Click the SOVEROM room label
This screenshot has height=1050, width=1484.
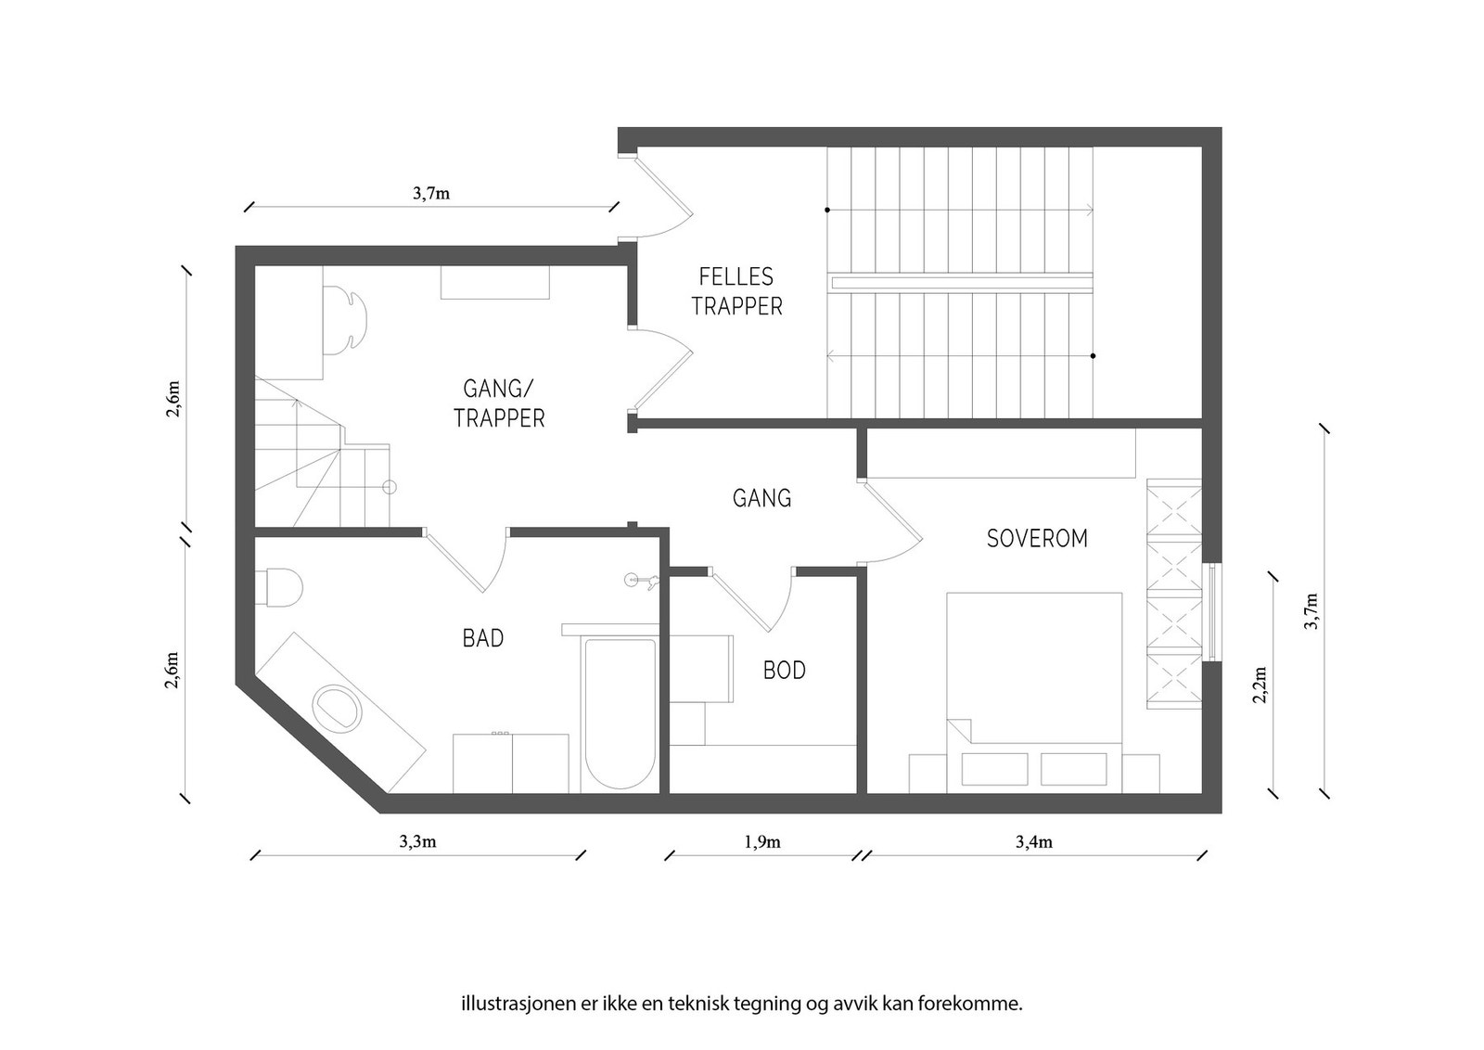[1037, 539]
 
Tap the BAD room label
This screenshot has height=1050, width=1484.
[483, 638]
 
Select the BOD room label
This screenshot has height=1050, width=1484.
[785, 670]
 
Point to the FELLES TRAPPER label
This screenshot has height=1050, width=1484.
[736, 291]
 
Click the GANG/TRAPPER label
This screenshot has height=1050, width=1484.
[499, 403]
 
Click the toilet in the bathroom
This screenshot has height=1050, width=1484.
[281, 588]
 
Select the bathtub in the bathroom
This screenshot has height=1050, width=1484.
[620, 712]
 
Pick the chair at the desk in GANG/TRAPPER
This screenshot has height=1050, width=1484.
[346, 319]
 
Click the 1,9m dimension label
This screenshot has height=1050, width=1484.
[762, 842]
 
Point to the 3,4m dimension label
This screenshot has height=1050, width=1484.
[1034, 842]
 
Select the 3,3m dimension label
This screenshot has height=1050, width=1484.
[417, 842]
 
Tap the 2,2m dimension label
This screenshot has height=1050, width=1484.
[1260, 685]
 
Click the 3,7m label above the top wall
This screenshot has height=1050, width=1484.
[431, 194]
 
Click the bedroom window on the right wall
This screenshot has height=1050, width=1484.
[1213, 612]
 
